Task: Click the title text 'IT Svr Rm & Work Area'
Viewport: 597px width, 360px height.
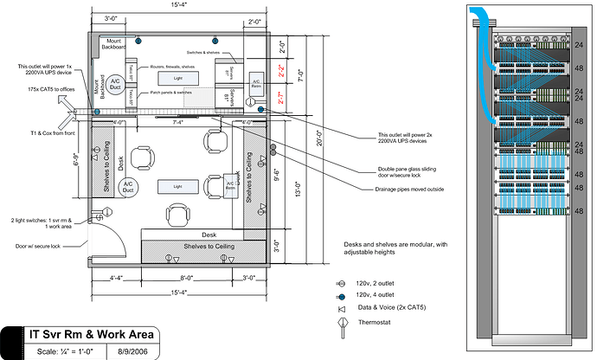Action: [91, 335]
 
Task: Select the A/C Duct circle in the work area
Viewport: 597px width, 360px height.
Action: [127, 187]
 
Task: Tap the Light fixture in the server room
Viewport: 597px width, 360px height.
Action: [177, 78]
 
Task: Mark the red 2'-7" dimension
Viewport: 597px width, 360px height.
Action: [280, 100]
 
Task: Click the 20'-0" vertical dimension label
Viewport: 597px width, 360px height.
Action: [318, 137]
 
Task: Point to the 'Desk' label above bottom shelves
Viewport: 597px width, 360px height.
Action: [208, 235]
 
